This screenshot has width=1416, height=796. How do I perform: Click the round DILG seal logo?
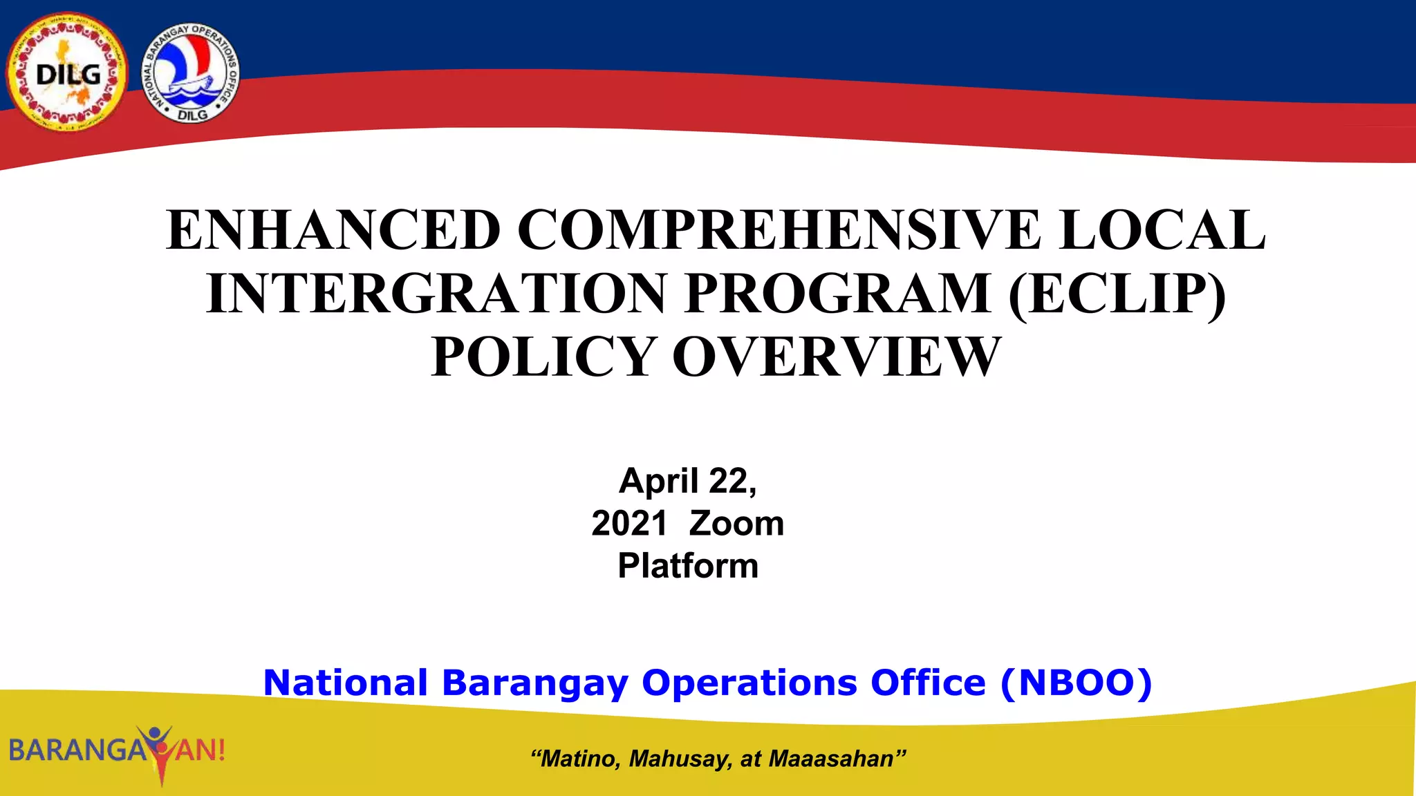coord(67,73)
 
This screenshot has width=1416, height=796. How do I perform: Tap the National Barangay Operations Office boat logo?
coord(190,75)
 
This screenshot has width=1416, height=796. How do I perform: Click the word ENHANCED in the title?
coord(333,230)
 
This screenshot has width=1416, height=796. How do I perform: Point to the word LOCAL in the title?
coord(1163,230)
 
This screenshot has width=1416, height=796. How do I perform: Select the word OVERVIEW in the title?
coord(837,357)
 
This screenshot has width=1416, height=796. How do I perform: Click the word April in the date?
coord(659,482)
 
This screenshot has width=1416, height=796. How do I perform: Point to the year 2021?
coord(629,524)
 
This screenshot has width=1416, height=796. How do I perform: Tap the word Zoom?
coord(736,524)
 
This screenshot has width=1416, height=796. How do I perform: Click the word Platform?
coord(688,566)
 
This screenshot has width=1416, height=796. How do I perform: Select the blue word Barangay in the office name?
coord(535,683)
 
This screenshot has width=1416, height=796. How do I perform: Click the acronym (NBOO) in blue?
coord(1077,683)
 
